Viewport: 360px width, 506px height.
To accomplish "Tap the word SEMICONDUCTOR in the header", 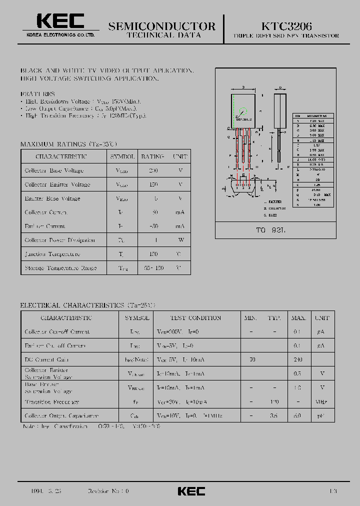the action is tap(162, 26).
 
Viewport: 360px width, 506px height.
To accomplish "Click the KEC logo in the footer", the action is tap(191, 491).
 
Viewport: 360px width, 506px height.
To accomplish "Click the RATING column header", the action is tap(152, 156).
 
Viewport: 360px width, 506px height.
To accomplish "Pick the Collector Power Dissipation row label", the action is tap(60, 240).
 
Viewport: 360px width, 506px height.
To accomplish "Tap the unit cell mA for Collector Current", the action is tap(180, 212).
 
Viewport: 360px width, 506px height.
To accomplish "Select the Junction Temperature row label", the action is tap(52, 254).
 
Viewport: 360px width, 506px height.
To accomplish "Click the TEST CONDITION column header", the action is tap(195, 317).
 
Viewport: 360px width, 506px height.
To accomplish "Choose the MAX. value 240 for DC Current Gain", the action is tap(298, 359).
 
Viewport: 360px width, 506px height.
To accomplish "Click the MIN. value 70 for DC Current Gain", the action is tap(252, 359).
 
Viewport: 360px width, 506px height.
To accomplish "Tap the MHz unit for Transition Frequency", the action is tap(322, 401).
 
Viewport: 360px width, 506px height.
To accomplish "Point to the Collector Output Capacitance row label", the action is tap(61, 415).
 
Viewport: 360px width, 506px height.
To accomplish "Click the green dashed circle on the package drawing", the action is tap(243, 112).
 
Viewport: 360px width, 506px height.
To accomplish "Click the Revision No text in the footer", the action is tap(108, 491).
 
